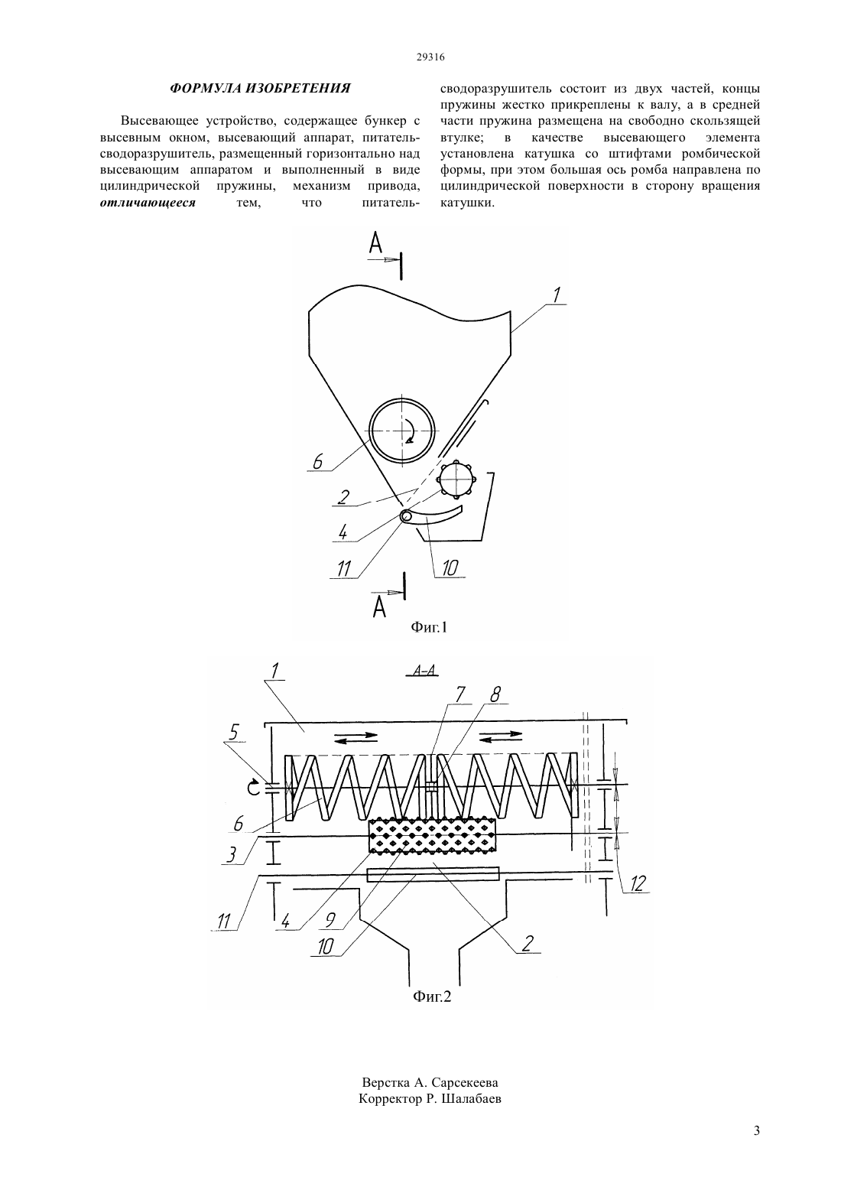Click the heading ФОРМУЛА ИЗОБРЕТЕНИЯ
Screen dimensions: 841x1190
260,88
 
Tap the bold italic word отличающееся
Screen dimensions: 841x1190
148,203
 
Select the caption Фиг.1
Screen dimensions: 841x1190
429,627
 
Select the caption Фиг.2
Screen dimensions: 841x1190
432,997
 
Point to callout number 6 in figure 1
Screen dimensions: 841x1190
317,462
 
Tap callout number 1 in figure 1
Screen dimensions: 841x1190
556,295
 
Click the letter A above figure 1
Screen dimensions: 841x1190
375,244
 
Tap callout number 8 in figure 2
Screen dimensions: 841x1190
495,695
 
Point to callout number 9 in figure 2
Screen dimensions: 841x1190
330,919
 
